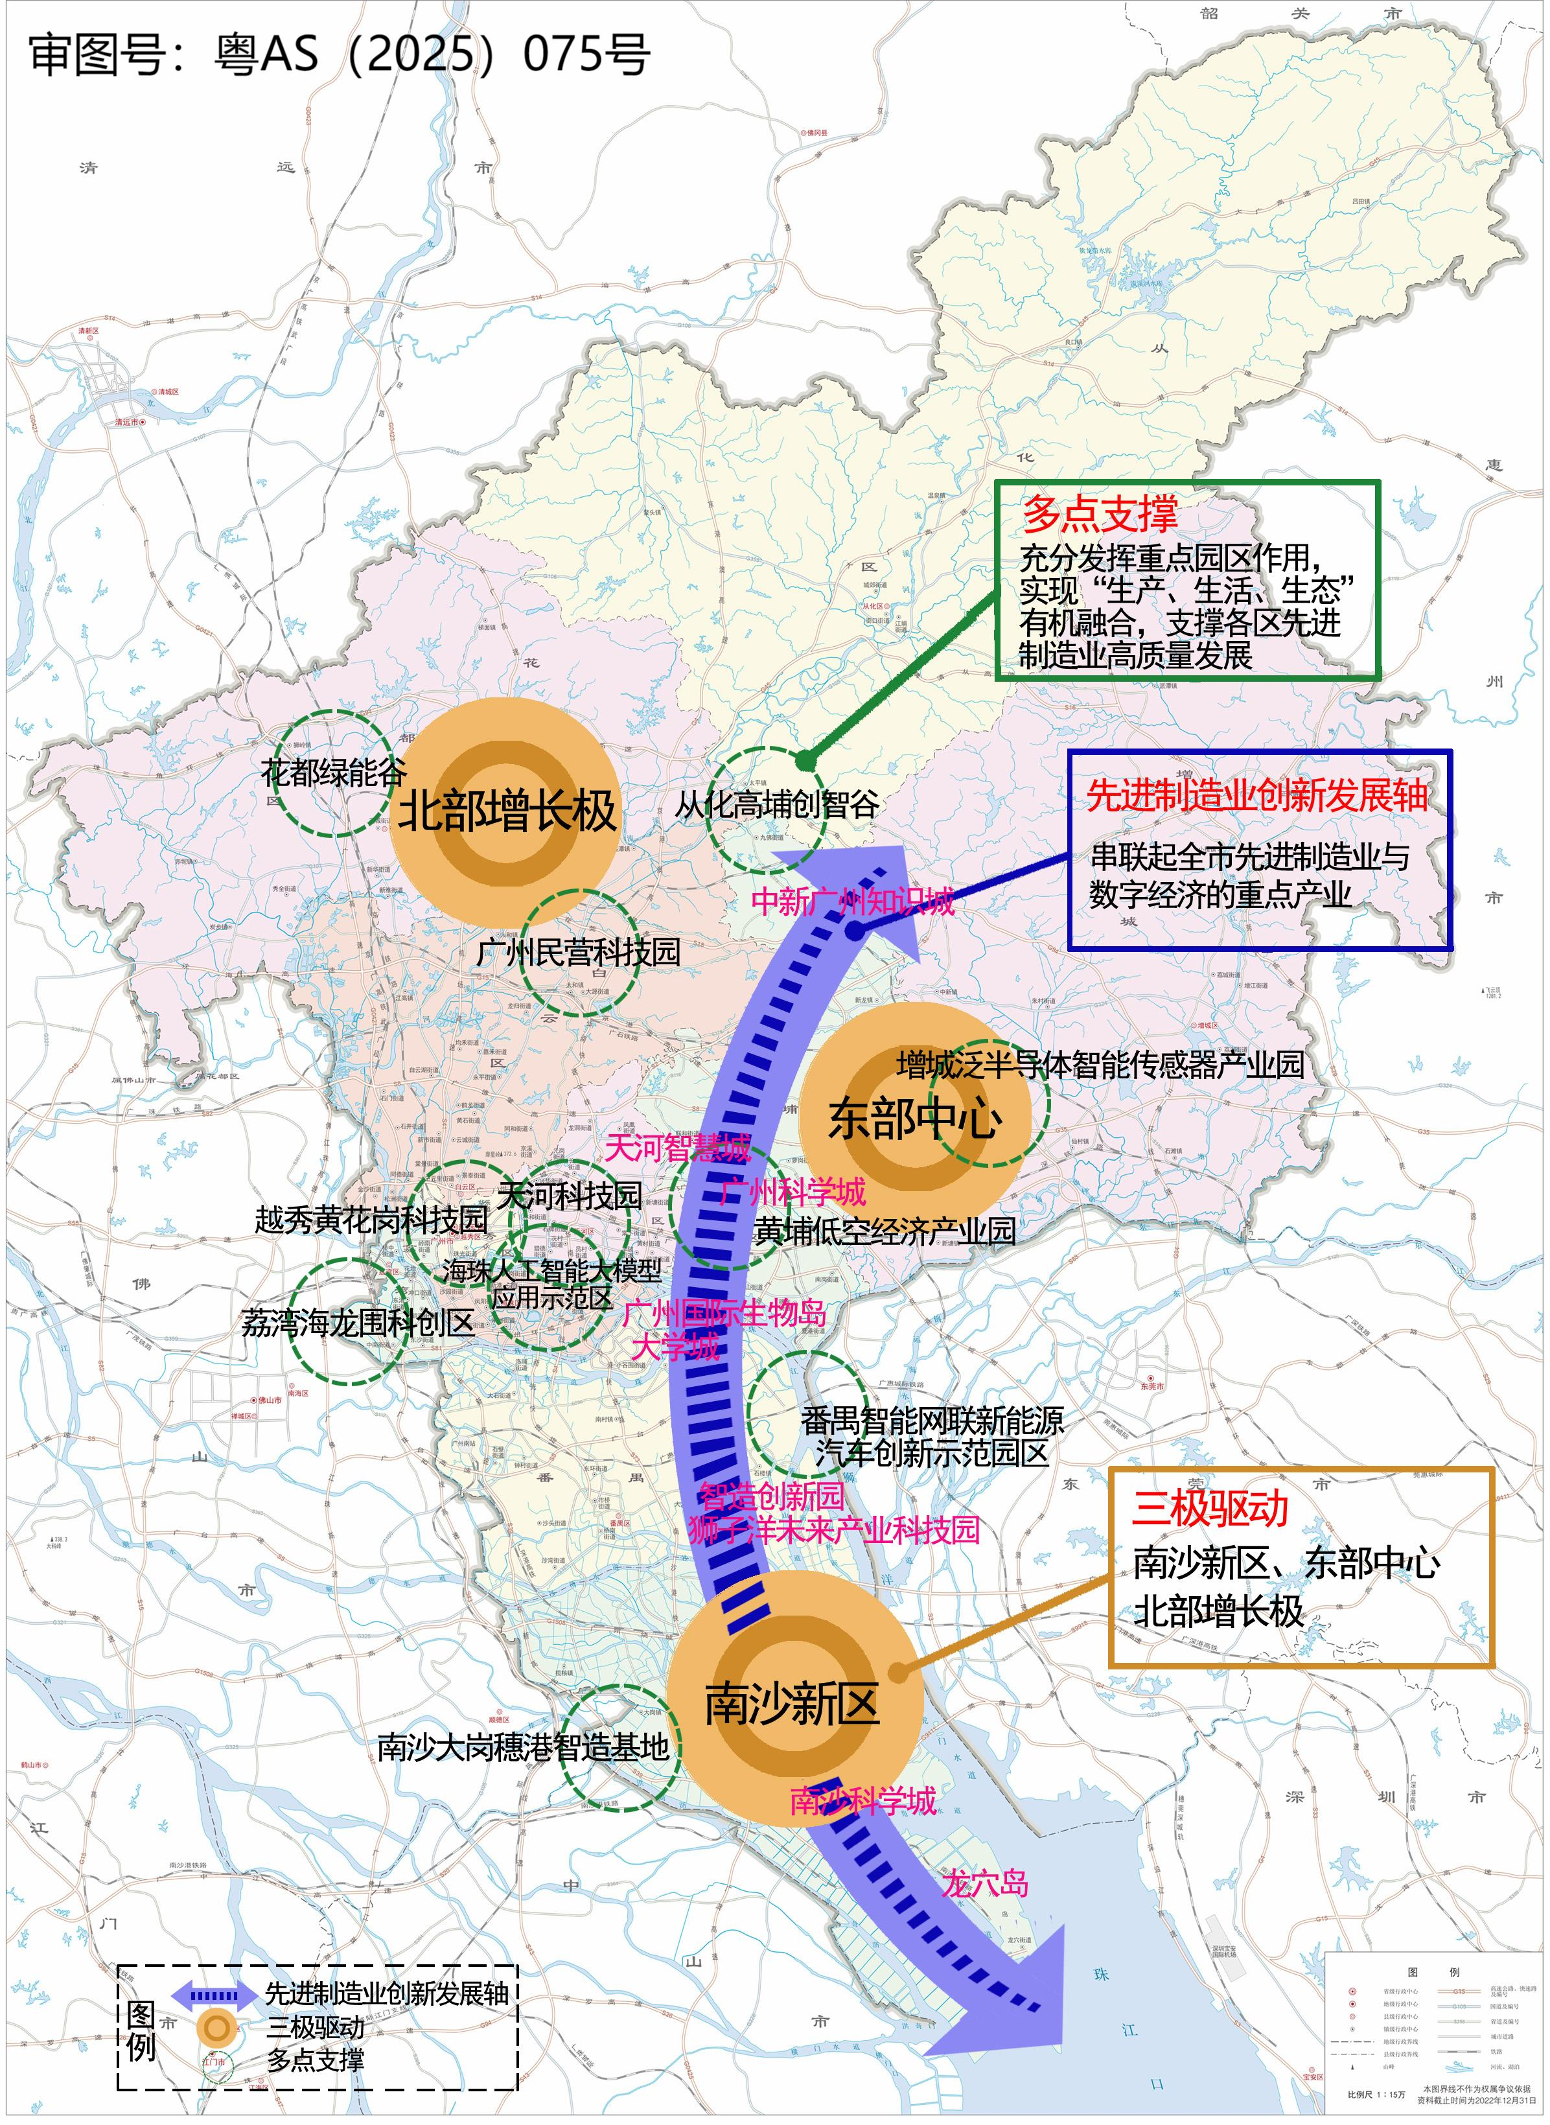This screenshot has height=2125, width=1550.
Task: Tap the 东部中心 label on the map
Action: pyautogui.click(x=915, y=1119)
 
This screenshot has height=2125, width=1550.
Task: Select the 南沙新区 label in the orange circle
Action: pyautogui.click(x=791, y=1703)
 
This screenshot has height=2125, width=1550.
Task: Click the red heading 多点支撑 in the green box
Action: pyautogui.click(x=1100, y=514)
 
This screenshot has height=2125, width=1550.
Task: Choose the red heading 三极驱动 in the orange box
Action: pyautogui.click(x=1210, y=1509)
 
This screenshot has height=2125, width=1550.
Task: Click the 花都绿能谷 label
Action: pyautogui.click(x=333, y=772)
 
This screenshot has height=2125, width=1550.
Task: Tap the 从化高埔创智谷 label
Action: pyautogui.click(x=777, y=804)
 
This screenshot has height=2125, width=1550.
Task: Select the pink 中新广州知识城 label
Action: pyautogui.click(x=852, y=901)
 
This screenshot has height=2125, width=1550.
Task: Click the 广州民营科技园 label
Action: pyautogui.click(x=578, y=952)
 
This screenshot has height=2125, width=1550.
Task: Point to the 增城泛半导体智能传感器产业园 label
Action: pyautogui.click(x=1100, y=1064)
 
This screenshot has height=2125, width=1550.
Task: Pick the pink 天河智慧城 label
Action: pyautogui.click(x=677, y=1146)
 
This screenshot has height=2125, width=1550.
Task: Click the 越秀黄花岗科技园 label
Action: pyautogui.click(x=371, y=1219)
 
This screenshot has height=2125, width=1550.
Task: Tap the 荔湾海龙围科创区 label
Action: pyautogui.click(x=358, y=1323)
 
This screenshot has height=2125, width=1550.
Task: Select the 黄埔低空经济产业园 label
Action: pyautogui.click(x=885, y=1231)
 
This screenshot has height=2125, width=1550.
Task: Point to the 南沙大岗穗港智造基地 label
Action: pyautogui.click(x=523, y=1747)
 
